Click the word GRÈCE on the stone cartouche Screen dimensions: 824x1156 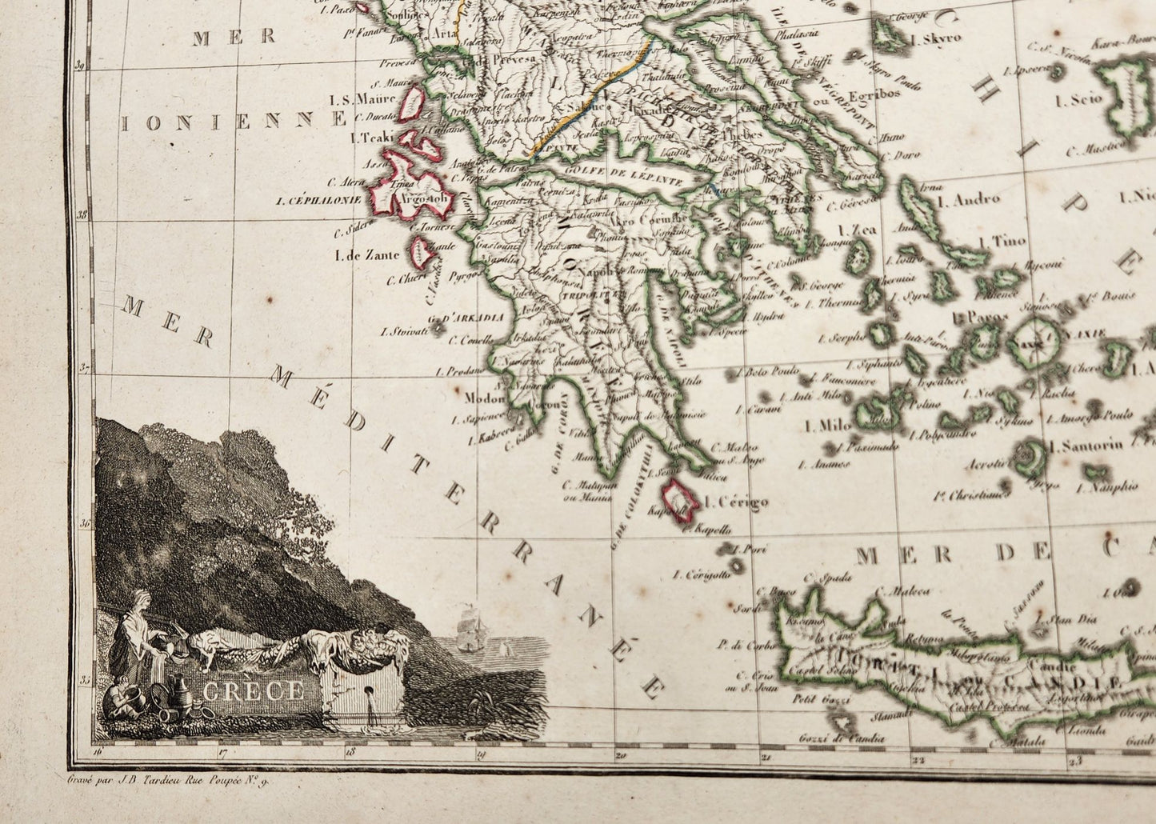(x=252, y=690)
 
